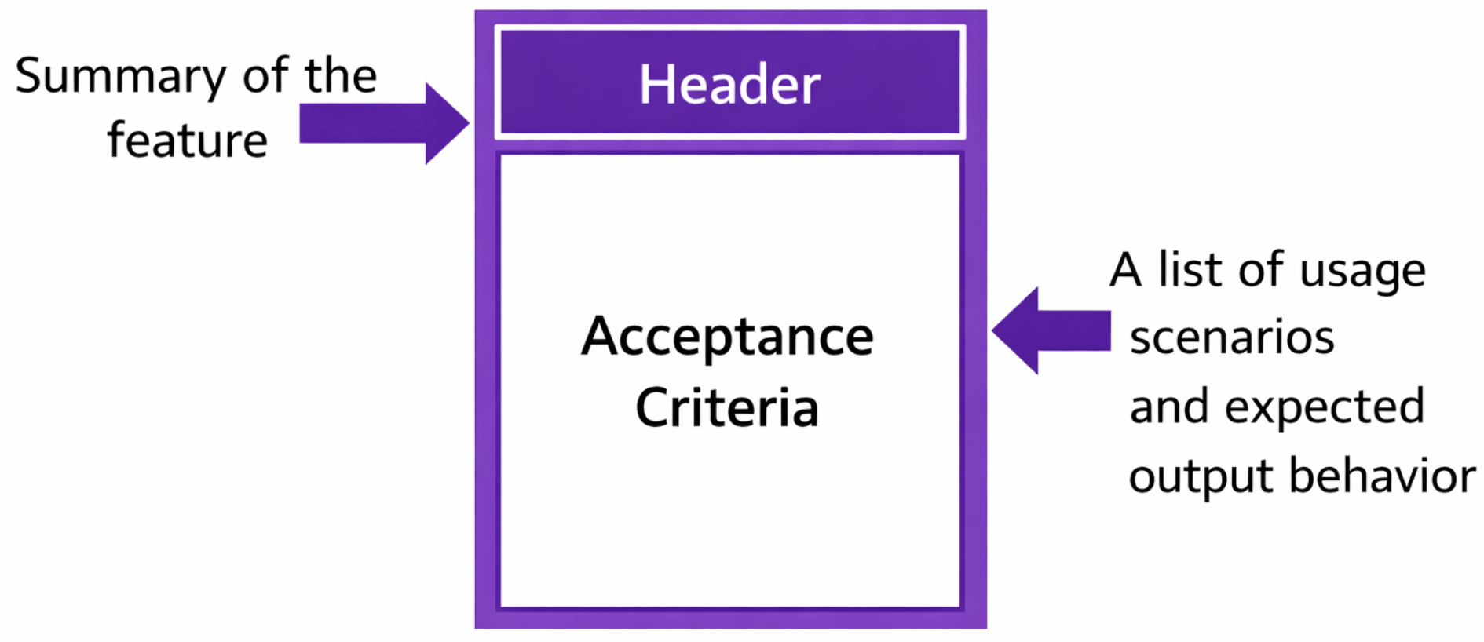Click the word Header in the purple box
(x=729, y=84)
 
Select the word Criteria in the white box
(x=727, y=407)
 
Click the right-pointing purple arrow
(x=384, y=123)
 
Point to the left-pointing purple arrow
(x=1051, y=330)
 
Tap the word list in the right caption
(x=1191, y=269)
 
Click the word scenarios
(x=1232, y=338)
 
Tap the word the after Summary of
(x=341, y=75)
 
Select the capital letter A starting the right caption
(x=1125, y=270)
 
